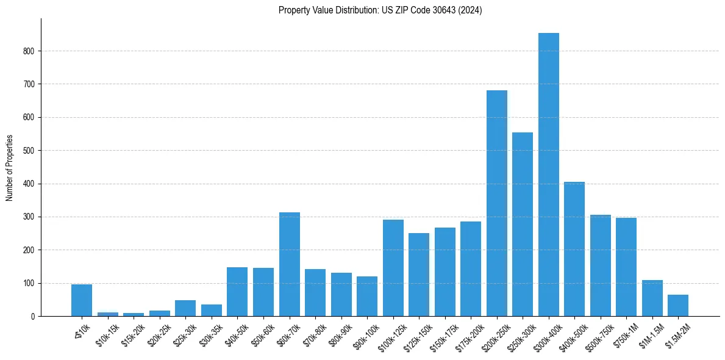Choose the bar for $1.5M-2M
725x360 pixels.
tap(678, 306)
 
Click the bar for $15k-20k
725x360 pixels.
tap(134, 314)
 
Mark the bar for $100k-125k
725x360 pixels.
tap(393, 268)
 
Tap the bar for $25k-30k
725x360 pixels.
tap(185, 308)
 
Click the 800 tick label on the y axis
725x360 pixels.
tap(29, 51)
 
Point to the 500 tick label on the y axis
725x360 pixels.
tap(29, 151)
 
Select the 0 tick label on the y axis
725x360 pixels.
tap(33, 317)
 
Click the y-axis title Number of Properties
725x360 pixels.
tap(9, 167)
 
